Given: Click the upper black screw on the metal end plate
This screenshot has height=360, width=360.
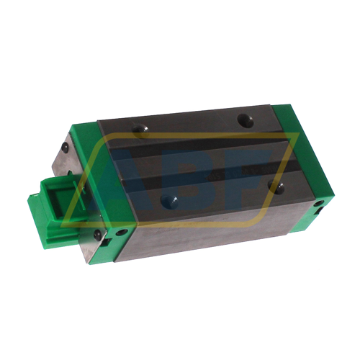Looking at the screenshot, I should click(x=66, y=147).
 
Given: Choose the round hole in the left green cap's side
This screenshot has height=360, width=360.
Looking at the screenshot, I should click(x=122, y=233).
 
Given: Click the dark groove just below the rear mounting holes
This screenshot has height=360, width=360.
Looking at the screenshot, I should click(x=187, y=143).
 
